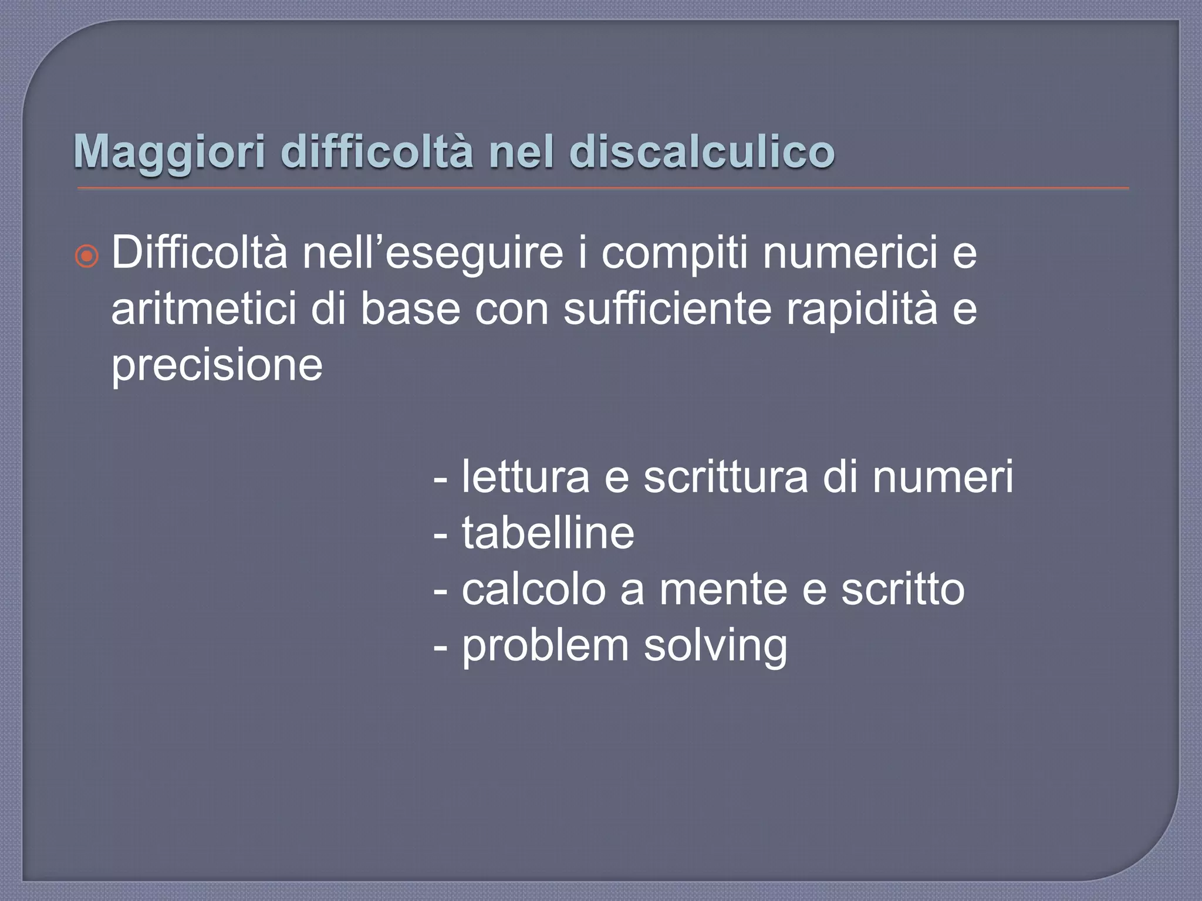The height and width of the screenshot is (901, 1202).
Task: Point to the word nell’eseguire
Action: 433,253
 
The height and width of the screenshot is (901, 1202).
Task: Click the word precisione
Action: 217,365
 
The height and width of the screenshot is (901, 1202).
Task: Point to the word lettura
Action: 525,477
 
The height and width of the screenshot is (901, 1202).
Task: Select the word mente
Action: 723,590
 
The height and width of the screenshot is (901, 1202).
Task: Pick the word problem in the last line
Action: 545,646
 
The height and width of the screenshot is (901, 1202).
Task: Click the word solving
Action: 715,646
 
